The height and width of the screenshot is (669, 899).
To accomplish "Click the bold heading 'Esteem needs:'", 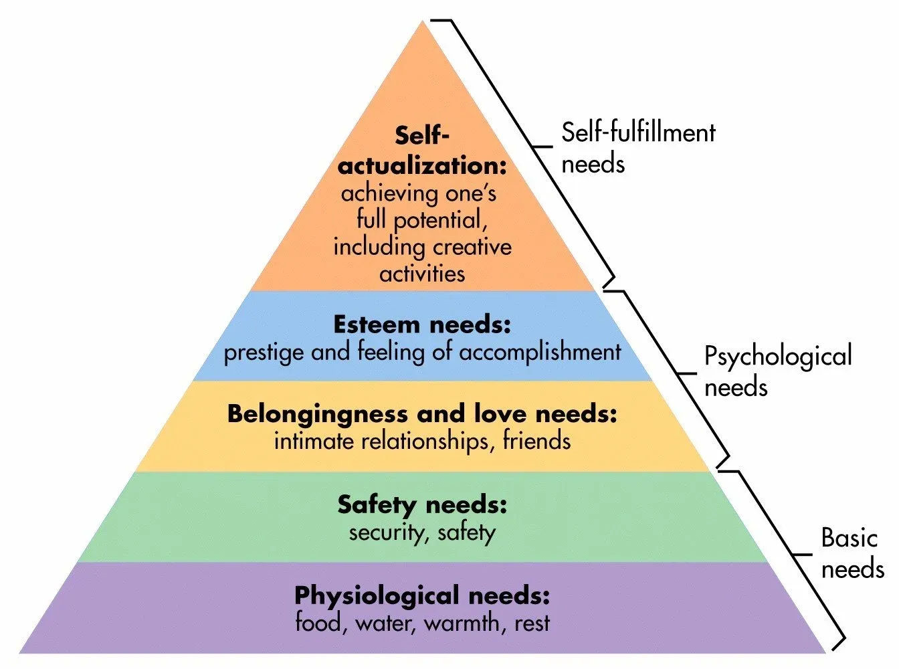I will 422,325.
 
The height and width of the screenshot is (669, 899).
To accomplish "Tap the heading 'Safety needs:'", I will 422,504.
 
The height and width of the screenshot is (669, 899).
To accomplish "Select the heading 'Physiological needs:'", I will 422,595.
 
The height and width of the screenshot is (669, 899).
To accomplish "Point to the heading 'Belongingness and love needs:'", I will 422,413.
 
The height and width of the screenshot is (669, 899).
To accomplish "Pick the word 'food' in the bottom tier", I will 319,623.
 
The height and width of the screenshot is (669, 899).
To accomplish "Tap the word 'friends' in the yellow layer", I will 536,441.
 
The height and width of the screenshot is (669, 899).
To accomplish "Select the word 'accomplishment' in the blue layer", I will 540,353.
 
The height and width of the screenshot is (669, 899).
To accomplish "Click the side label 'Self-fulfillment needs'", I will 637,148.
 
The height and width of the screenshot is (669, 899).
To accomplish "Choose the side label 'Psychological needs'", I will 777,371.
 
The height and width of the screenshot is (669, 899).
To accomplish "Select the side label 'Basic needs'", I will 851,553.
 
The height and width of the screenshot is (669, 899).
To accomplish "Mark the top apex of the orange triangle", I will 423,22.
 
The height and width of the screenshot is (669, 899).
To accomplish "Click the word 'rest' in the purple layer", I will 532,623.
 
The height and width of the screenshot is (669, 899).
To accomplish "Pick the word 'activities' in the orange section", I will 422,274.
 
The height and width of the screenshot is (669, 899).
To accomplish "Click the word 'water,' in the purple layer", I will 386,623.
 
